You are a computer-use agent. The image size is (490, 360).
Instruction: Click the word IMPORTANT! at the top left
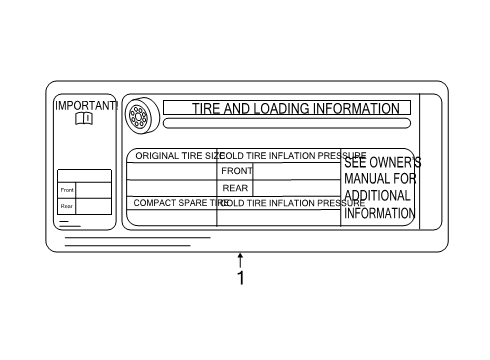click(x=86, y=105)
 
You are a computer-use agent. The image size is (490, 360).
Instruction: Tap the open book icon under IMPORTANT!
click(x=83, y=119)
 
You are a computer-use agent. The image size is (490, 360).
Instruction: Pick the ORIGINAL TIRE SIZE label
click(x=178, y=156)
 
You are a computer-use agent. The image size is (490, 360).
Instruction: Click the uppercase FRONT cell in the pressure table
click(x=236, y=171)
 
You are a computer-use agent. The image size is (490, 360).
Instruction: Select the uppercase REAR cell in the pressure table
click(x=235, y=187)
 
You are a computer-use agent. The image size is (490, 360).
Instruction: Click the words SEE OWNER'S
click(x=382, y=163)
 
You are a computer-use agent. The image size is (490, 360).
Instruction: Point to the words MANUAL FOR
click(x=380, y=179)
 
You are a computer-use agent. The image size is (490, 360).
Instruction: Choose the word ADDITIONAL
click(x=379, y=196)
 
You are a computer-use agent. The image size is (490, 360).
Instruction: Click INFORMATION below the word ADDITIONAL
click(x=379, y=213)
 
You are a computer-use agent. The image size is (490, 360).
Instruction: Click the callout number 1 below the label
click(x=240, y=278)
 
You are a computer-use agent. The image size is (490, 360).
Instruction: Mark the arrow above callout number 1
click(x=240, y=259)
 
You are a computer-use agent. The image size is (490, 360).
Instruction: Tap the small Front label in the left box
click(x=67, y=190)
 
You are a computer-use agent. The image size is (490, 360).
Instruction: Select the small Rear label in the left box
click(x=67, y=207)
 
